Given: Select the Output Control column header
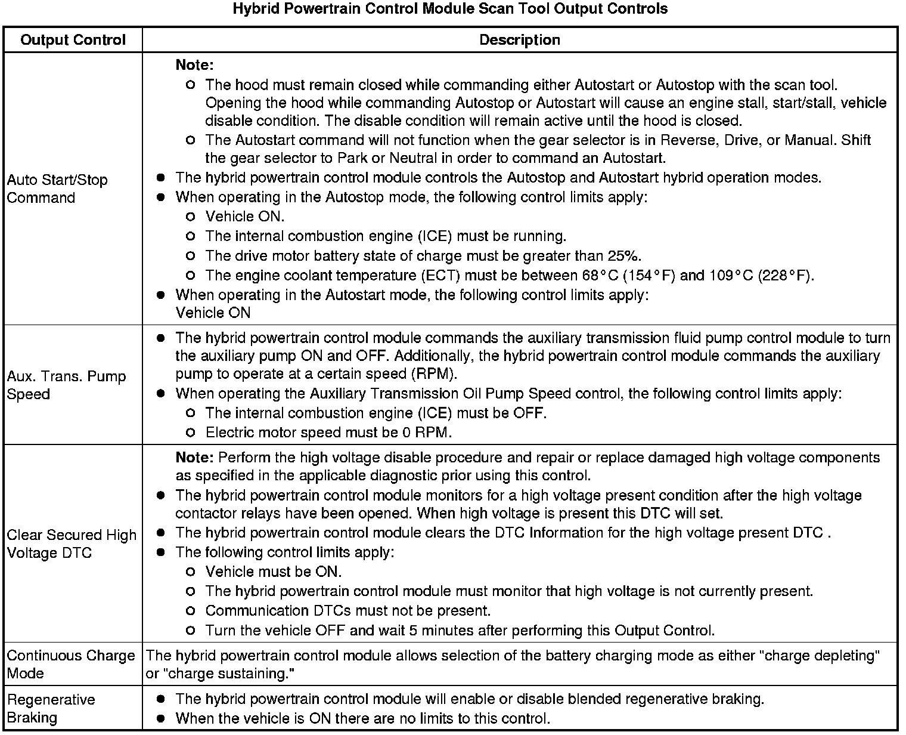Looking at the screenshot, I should pos(73,40).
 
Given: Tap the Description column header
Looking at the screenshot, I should pos(519,40).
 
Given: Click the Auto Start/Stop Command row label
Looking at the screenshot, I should pos(57,189).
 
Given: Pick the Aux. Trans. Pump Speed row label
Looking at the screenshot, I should pos(66,385).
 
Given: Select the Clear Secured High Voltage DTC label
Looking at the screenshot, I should pos(72,543).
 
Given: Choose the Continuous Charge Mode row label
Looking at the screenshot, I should pos(71,664).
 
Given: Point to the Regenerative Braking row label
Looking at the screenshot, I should pos(51,708).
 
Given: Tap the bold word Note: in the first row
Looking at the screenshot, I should pos(194,65).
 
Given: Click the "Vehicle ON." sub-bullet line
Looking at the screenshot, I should pos(245,217).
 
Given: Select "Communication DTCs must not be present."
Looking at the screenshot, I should pos(348,611).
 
